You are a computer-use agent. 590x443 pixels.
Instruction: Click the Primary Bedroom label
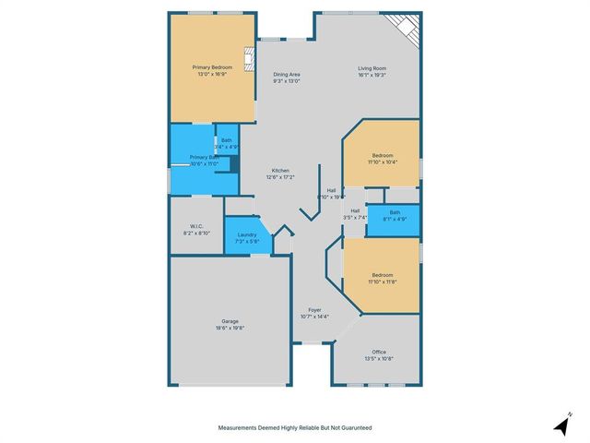(x=212, y=67)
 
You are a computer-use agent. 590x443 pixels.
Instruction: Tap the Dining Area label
(x=287, y=75)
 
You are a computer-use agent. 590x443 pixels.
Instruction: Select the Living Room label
(x=372, y=67)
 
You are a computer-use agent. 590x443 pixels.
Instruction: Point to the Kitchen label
(x=280, y=170)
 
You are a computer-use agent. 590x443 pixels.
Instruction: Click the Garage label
(x=230, y=321)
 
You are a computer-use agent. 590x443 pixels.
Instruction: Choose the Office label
(x=379, y=352)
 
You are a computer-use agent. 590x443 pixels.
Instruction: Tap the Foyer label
(x=314, y=309)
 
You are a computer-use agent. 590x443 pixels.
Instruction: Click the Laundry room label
(x=246, y=234)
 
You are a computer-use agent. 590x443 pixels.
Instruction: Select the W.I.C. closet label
(x=196, y=226)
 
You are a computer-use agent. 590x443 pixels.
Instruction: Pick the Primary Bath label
(x=204, y=157)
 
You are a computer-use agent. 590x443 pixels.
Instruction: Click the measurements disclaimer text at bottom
(x=295, y=427)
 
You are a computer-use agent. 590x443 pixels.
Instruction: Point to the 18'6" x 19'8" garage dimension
(x=230, y=328)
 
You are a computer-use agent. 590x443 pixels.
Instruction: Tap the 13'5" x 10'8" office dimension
(x=379, y=358)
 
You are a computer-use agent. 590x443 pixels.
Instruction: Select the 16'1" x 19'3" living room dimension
(x=372, y=75)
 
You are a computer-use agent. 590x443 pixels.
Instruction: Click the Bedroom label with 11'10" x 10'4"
(x=383, y=155)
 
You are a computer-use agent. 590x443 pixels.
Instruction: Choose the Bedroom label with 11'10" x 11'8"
(x=383, y=274)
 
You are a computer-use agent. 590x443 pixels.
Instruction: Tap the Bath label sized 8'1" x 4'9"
(x=395, y=212)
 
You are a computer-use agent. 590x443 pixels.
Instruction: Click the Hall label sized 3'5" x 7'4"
(x=355, y=210)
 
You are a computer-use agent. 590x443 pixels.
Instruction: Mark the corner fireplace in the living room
(x=407, y=28)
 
